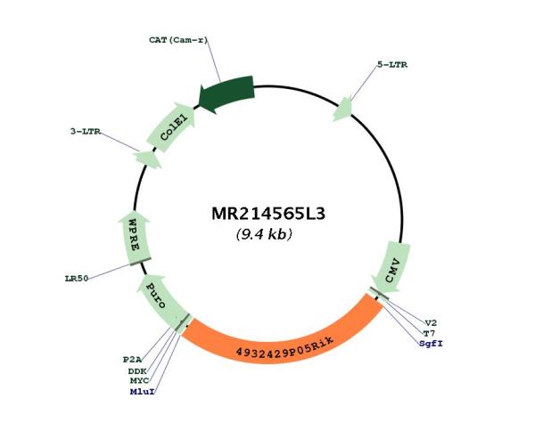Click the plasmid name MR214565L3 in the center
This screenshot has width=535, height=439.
268,214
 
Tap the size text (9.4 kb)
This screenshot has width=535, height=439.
264,234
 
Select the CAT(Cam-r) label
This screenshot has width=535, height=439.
178,40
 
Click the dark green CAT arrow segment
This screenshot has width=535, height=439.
226,93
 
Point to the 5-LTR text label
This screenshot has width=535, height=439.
392,65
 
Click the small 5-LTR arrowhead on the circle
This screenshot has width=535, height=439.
342,109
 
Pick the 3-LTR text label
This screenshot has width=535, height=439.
86,132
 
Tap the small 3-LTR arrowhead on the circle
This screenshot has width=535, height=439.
147,159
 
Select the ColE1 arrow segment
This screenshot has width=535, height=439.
171,127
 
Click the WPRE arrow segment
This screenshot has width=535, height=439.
135,238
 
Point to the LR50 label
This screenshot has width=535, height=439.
77,279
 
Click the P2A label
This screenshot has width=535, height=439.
132,360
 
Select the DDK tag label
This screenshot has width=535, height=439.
137,371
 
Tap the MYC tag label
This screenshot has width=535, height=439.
139,381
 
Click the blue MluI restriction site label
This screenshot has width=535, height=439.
143,392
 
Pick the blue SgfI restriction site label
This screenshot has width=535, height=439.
431,344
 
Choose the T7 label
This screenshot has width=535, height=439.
429,333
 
